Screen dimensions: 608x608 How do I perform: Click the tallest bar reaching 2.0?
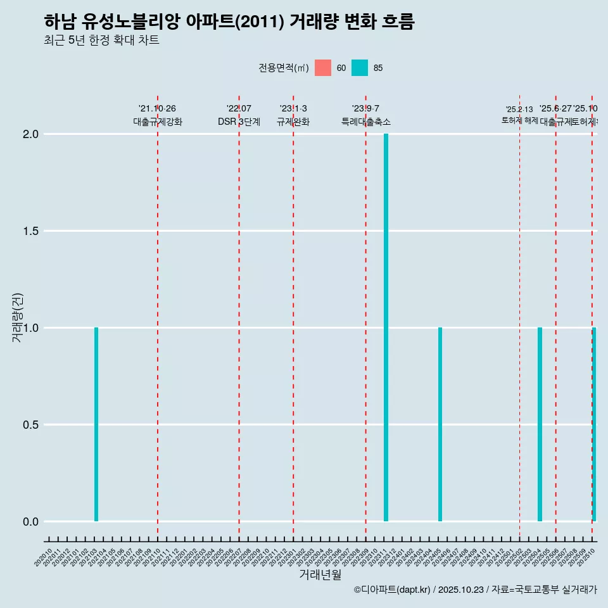pos(386,327)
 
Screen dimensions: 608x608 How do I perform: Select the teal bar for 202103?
pos(96,424)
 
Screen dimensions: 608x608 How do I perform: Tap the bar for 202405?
pos(440,424)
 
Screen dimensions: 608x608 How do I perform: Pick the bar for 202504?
pos(540,424)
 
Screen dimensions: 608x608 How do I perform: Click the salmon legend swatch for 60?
pos(323,68)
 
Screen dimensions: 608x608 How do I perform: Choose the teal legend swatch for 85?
pos(360,68)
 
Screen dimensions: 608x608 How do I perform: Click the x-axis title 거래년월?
pos(320,575)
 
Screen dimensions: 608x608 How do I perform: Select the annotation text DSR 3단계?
pos(239,122)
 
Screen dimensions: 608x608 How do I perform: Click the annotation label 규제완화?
pos(293,122)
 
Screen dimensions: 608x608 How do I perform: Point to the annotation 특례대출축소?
pos(365,122)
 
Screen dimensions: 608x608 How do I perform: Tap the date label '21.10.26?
pos(157,108)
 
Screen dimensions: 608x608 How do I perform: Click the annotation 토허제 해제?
pos(519,120)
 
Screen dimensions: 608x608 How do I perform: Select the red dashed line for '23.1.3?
pos(293,317)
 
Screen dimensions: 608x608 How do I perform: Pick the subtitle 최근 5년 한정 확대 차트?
pos(101,41)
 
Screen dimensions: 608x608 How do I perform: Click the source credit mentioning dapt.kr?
pos(475,590)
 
